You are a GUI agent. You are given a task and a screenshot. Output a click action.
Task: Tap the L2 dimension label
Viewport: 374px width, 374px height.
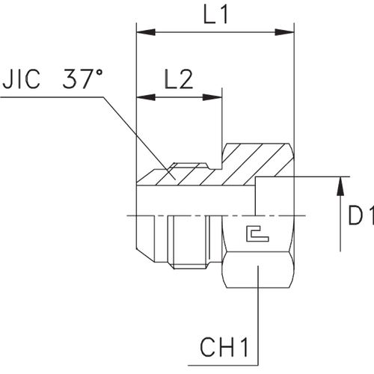(x=180, y=79)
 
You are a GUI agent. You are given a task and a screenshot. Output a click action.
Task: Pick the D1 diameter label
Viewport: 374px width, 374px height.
(x=361, y=218)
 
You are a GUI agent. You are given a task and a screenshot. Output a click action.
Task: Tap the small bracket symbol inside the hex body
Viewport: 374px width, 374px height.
(x=256, y=233)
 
